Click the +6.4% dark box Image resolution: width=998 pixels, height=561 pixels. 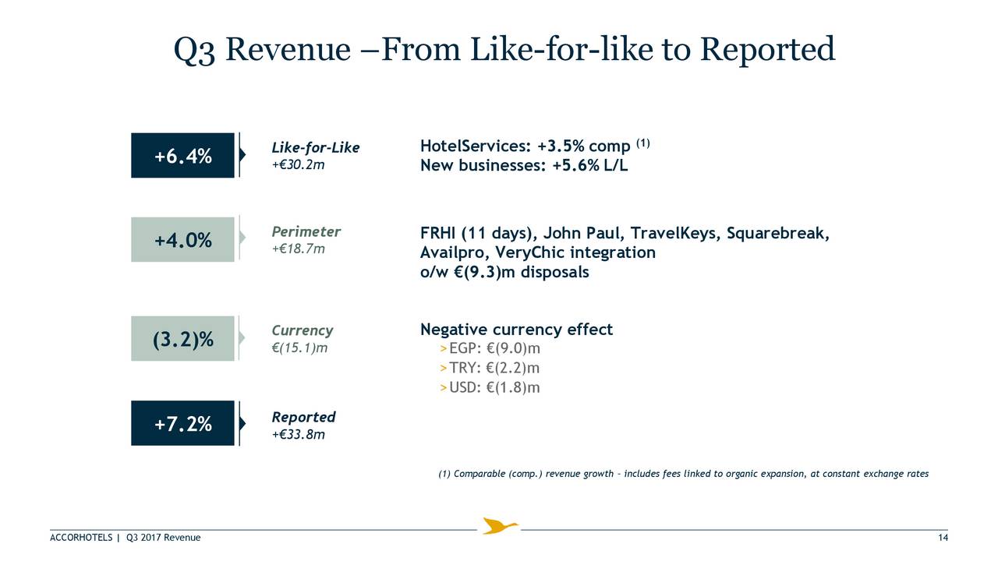[182, 155]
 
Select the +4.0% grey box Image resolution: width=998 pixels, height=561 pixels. [182, 239]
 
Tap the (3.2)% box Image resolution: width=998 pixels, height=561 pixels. [182, 338]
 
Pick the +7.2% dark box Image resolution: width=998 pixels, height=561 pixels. [182, 423]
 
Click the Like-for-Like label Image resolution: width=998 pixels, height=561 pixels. [316, 147]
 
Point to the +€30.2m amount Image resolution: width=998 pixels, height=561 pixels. [298, 164]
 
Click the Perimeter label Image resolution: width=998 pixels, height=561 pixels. [306, 231]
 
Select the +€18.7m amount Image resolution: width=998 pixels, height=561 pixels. [298, 249]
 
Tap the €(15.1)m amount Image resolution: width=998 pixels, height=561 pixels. [299, 348]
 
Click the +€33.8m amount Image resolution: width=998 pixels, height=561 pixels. [298, 434]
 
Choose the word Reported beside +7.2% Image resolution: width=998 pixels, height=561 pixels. [303, 417]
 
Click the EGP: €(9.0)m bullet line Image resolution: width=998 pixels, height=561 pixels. [490, 348]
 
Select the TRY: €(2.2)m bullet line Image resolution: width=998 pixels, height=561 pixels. [489, 368]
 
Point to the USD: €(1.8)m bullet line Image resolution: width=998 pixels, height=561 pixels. [490, 387]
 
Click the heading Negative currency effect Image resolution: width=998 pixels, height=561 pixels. [516, 330]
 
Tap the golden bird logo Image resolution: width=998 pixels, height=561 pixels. [500, 526]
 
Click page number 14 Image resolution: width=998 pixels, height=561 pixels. [943, 538]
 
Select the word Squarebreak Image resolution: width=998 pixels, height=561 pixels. [778, 233]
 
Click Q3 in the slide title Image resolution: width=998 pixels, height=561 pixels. [194, 50]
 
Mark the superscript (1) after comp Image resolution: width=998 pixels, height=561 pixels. [643, 143]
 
